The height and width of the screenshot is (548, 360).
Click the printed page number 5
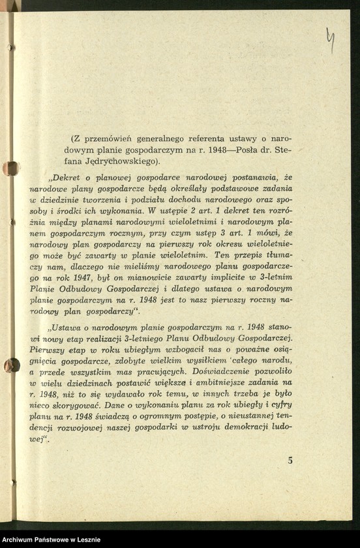tap(290, 460)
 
